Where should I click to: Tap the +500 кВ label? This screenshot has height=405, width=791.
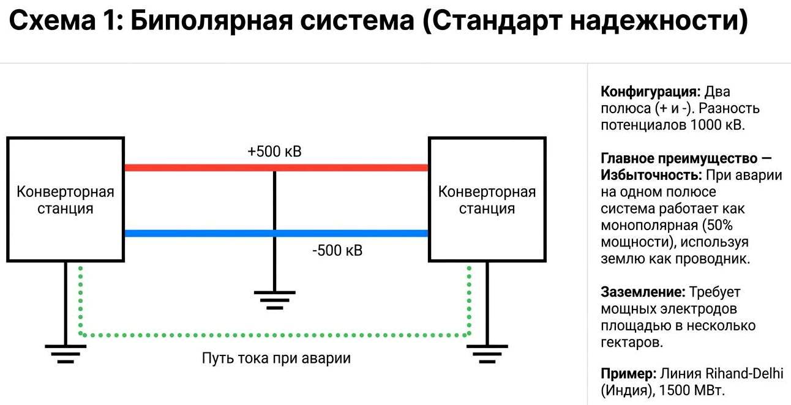pyautogui.click(x=274, y=151)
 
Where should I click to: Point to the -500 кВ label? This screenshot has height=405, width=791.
pyautogui.click(x=337, y=251)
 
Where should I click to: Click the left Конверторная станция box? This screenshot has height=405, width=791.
pyautogui.click(x=65, y=200)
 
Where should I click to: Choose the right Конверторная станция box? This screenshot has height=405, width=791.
pyautogui.click(x=487, y=200)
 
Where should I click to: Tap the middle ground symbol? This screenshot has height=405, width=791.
pyautogui.click(x=274, y=299)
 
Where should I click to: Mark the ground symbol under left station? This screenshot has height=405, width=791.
pyautogui.click(x=66, y=354)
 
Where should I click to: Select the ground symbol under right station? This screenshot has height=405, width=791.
pyautogui.click(x=487, y=354)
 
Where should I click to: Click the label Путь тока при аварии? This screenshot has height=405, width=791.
pyautogui.click(x=276, y=358)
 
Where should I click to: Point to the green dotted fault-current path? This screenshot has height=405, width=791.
pyautogui.click(x=276, y=335)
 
